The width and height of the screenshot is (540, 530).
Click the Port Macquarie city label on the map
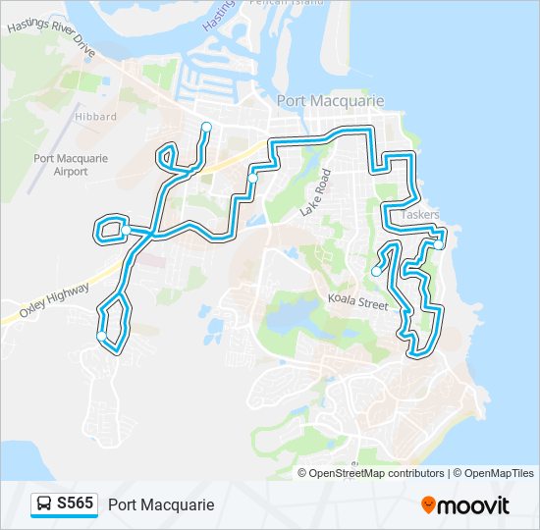pos(330,101)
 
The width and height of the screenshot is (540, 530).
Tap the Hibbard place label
pos(95,116)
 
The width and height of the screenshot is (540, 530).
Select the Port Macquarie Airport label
pos(61,164)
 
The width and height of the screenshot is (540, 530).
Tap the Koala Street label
pos(357,304)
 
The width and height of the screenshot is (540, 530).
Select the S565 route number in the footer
pos(75,503)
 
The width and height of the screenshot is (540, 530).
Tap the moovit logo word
pos(474,505)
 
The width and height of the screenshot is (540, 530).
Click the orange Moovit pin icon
pos(428,504)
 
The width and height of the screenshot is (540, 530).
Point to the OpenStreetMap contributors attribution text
pos(377,473)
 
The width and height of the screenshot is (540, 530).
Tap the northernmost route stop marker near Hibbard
pos(206,126)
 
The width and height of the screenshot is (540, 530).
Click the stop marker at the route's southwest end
pos(101,337)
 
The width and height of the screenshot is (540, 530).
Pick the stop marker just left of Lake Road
pos(252,178)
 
